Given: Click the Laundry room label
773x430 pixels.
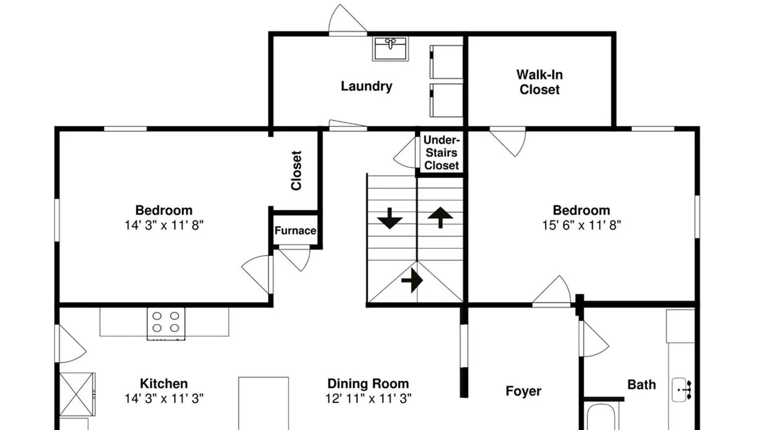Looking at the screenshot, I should tap(366, 86).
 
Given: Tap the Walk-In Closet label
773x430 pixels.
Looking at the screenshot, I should tap(539, 82).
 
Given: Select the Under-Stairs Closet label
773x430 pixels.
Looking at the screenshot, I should tap(441, 153).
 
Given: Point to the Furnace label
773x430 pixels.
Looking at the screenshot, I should tap(295, 231).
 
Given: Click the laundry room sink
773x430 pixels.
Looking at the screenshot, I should tap(390, 49).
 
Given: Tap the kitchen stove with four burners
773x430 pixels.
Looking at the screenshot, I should tap(166, 323).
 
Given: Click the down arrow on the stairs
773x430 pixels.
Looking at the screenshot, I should tap(390, 218).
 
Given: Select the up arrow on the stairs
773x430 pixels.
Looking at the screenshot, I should tap(440, 217).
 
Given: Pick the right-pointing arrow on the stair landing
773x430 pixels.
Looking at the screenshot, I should tap(412, 280).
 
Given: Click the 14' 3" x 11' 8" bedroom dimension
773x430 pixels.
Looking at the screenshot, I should tap(164, 225).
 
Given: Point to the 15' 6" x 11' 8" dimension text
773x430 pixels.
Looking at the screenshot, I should tap(581, 225).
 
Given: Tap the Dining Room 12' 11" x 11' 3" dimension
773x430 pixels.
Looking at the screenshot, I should tap(368, 399).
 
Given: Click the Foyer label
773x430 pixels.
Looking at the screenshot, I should tap(523, 391).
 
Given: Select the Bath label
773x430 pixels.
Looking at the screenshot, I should tap(641, 384).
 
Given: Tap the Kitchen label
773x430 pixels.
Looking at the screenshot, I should tap(164, 383).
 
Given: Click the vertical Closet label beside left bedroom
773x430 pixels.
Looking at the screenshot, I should tap(296, 170).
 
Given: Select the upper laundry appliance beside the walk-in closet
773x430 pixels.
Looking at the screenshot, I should tap(447, 62).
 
